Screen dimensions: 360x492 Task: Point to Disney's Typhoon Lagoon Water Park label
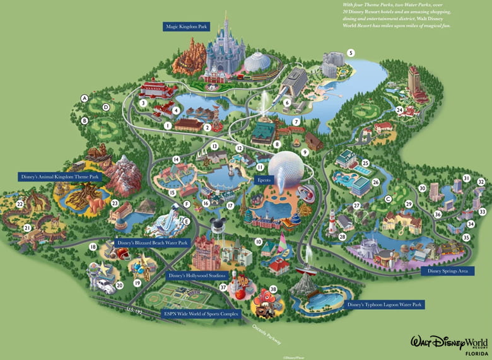[x=384, y=305]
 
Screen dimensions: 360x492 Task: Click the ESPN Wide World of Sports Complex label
[x=202, y=313]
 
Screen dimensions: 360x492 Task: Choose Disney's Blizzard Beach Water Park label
[x=153, y=243]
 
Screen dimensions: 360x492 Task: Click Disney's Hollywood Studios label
[x=197, y=276]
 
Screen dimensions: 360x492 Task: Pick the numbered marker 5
[x=351, y=52]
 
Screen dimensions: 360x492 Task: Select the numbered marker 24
[x=399, y=110]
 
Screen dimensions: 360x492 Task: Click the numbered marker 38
[x=273, y=289]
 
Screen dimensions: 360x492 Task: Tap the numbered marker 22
[x=20, y=204]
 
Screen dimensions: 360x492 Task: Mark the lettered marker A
[x=84, y=98]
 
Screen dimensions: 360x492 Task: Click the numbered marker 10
[x=258, y=241]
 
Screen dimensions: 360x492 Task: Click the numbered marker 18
[x=93, y=247]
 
